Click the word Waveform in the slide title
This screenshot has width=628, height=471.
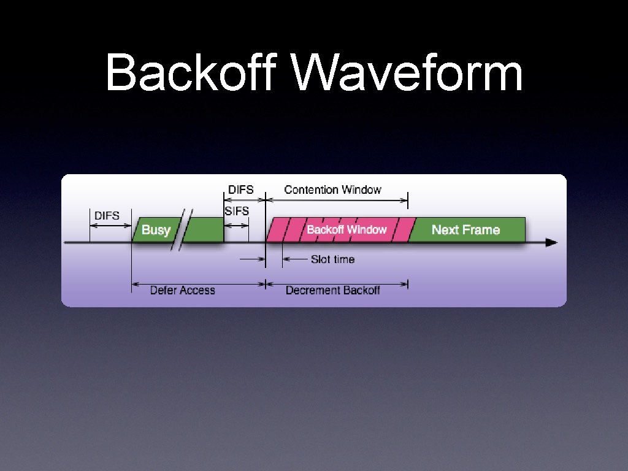[x=408, y=73]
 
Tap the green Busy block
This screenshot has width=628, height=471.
[x=156, y=230]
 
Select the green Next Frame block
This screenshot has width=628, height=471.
[x=466, y=230]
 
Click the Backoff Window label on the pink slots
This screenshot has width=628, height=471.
[x=347, y=229]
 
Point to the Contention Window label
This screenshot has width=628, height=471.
[x=332, y=190]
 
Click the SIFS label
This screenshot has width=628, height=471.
[x=237, y=211]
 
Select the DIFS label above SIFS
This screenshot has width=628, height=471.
[x=240, y=190]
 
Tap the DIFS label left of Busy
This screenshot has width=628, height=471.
[x=107, y=215]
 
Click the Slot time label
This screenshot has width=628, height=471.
[x=332, y=259]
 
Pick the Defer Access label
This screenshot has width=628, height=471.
[x=182, y=290]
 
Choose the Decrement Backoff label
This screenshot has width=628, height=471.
[x=332, y=290]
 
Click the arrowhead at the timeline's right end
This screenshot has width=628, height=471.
[x=551, y=243]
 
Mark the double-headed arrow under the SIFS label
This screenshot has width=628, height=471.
[x=236, y=225]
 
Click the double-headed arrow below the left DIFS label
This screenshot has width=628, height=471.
[x=111, y=226]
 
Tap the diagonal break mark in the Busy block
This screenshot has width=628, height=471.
[x=182, y=230]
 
